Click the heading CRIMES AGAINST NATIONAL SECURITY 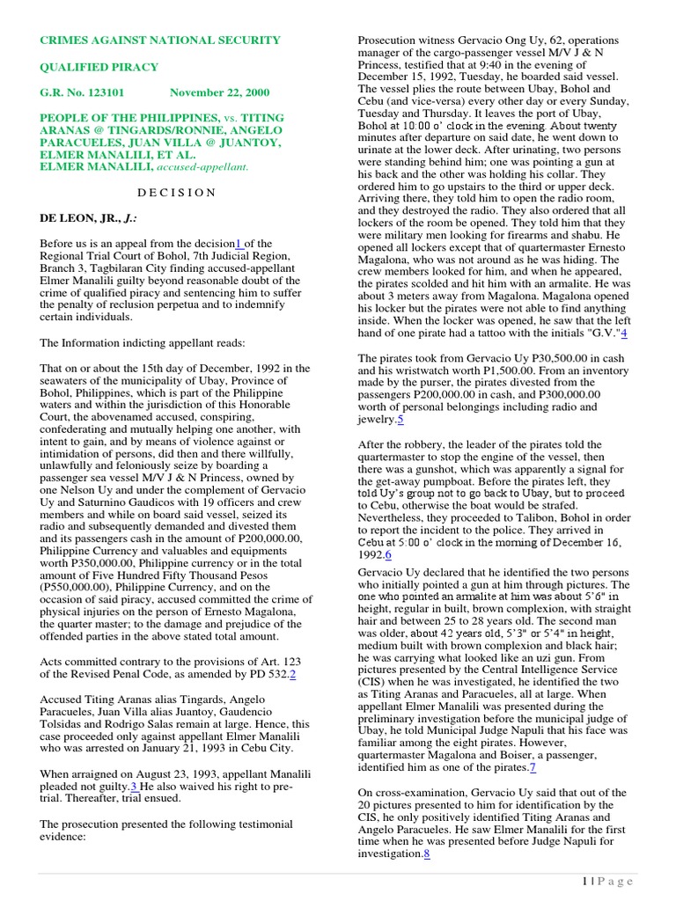coord(160,40)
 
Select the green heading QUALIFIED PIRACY coord(99,66)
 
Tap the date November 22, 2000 coord(220,92)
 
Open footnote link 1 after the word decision coord(238,244)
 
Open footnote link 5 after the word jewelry coord(400,420)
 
